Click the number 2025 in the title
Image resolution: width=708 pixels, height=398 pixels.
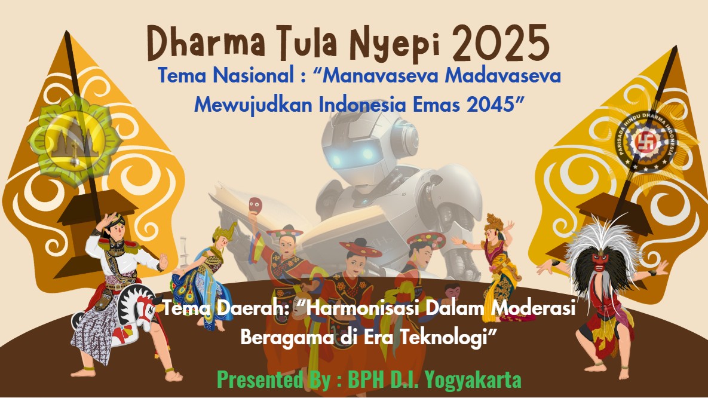501,43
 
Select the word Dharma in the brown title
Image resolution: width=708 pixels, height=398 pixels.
206,43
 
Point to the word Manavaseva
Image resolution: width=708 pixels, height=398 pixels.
380,75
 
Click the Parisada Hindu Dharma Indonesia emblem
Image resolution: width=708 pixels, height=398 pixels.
646,142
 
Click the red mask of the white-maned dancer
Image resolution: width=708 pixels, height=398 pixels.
600,262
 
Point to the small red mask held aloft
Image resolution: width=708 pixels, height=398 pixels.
255,206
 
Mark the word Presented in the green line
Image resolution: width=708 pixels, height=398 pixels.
259,379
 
